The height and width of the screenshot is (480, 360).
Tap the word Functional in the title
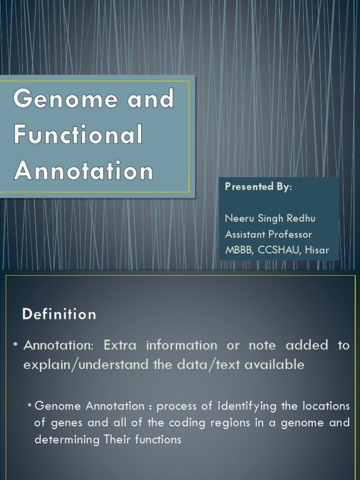(78, 135)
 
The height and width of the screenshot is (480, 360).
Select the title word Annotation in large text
(83, 171)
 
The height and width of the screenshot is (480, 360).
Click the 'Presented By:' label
(258, 187)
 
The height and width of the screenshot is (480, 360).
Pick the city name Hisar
(317, 250)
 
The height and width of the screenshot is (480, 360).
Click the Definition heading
(59, 314)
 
